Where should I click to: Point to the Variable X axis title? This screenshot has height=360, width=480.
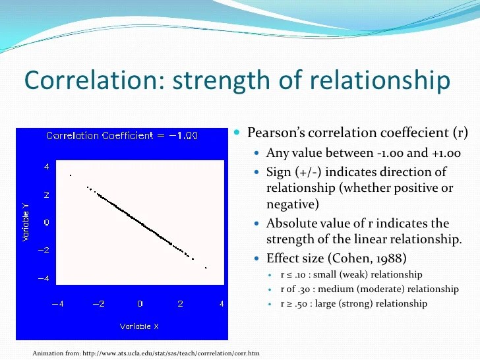(139, 326)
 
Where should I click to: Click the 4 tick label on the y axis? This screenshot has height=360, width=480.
(46, 167)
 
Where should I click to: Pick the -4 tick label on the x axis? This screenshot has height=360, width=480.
(57, 304)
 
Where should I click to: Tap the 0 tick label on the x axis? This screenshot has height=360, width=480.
(140, 304)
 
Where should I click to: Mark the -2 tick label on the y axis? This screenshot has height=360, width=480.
(43, 251)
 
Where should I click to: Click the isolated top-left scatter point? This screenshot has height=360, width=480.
(70, 175)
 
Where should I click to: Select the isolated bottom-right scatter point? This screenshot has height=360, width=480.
(206, 268)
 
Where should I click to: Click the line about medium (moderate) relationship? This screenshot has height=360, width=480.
(369, 289)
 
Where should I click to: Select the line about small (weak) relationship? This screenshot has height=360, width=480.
(351, 274)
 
